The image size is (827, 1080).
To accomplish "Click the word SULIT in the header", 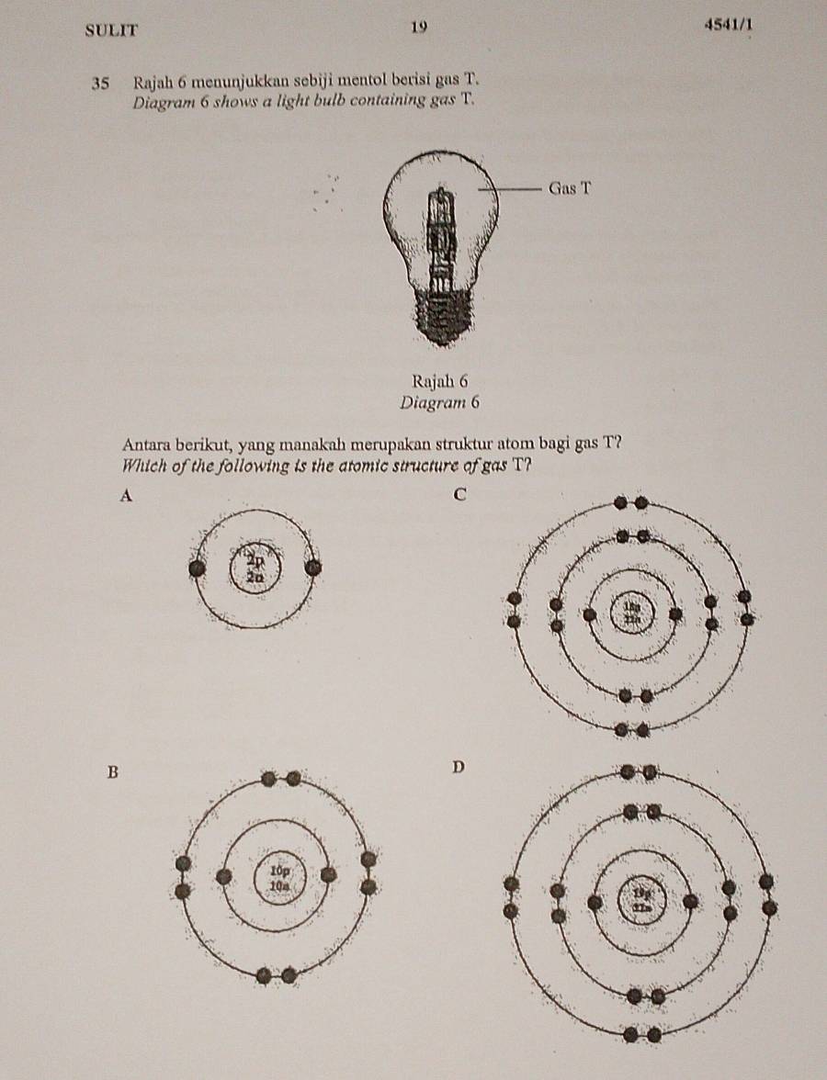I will point(111,29).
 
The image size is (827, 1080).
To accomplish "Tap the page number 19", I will point(419,28).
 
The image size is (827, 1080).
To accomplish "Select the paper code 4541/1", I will point(729,26).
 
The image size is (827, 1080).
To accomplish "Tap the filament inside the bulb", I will point(442,230).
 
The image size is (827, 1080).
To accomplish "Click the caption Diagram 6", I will point(440,401).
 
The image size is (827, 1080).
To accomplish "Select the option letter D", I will point(459,766).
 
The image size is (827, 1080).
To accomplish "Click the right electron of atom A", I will point(313,568).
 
